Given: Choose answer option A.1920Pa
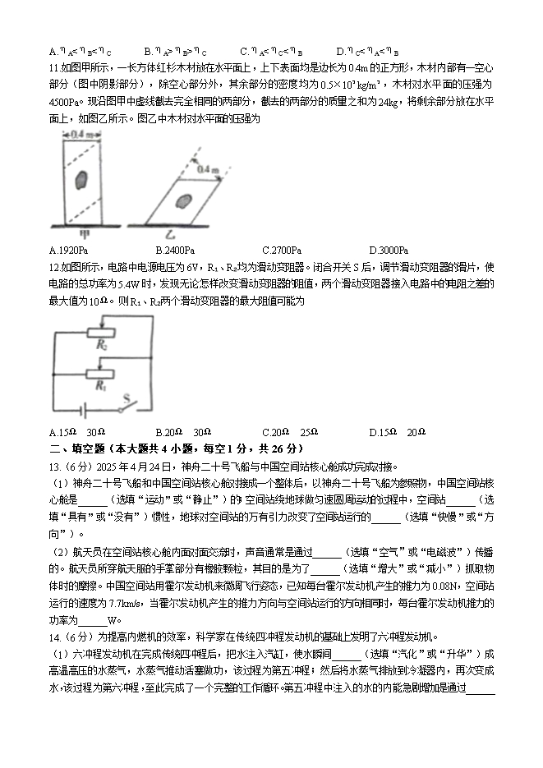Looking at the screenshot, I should (69, 250).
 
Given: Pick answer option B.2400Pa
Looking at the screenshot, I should (175, 250).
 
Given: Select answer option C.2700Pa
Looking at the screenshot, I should (282, 250).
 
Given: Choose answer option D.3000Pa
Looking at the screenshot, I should (389, 250).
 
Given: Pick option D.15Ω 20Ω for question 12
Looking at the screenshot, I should (398, 432).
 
